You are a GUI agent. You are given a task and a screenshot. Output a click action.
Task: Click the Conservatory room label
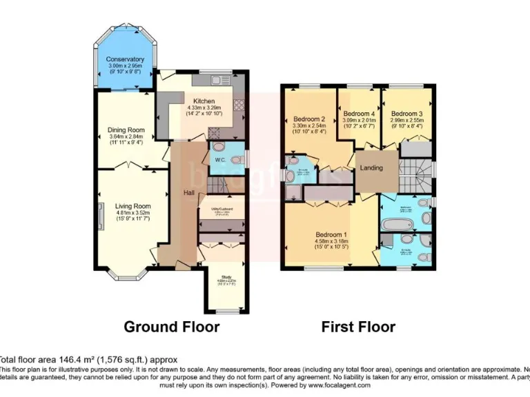click(125, 59)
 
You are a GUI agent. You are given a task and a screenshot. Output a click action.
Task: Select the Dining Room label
click(126, 130)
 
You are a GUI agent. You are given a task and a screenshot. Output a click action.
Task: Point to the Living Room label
click(132, 205)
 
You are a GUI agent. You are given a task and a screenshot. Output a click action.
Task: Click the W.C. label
click(221, 161)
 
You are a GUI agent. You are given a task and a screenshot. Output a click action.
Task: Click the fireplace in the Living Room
click(101, 217)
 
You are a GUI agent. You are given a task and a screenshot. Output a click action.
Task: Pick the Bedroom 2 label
click(309, 119)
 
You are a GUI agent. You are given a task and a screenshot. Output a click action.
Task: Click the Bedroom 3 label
click(405, 113)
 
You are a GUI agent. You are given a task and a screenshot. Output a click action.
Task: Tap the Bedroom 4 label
click(360, 113)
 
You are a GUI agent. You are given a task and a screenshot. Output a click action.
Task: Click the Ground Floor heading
click(172, 326)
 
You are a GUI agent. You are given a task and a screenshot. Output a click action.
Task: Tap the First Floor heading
click(358, 326)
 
